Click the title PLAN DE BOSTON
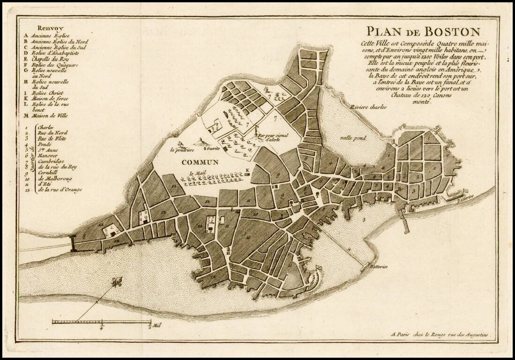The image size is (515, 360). click(423, 32)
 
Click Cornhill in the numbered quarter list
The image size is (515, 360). click(48, 172)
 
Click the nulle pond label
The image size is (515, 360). click(354, 138)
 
